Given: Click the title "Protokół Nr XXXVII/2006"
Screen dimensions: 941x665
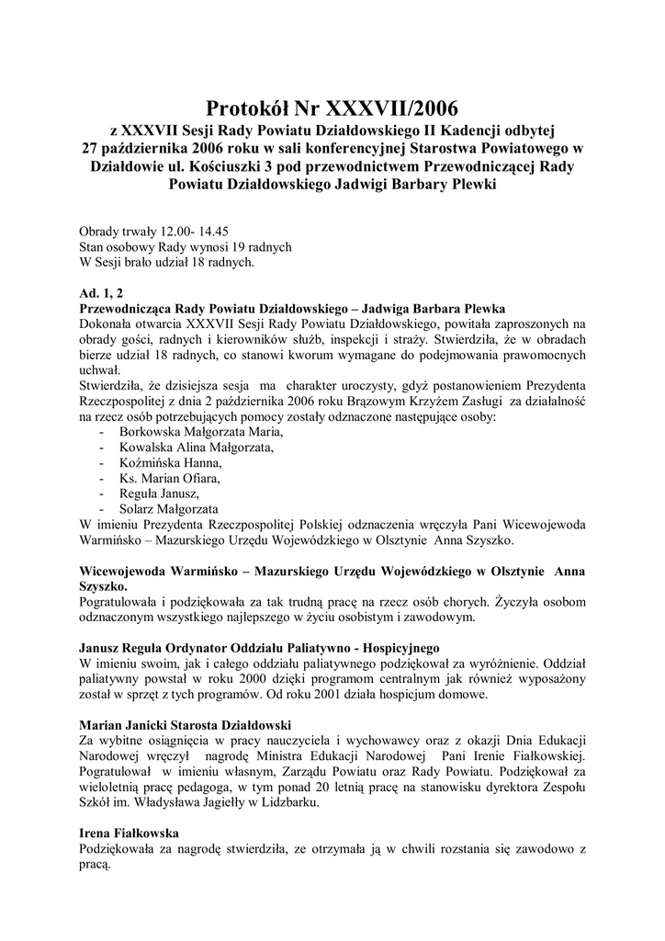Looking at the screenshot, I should point(332,111).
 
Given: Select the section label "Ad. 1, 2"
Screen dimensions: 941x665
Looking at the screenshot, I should point(105,292).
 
